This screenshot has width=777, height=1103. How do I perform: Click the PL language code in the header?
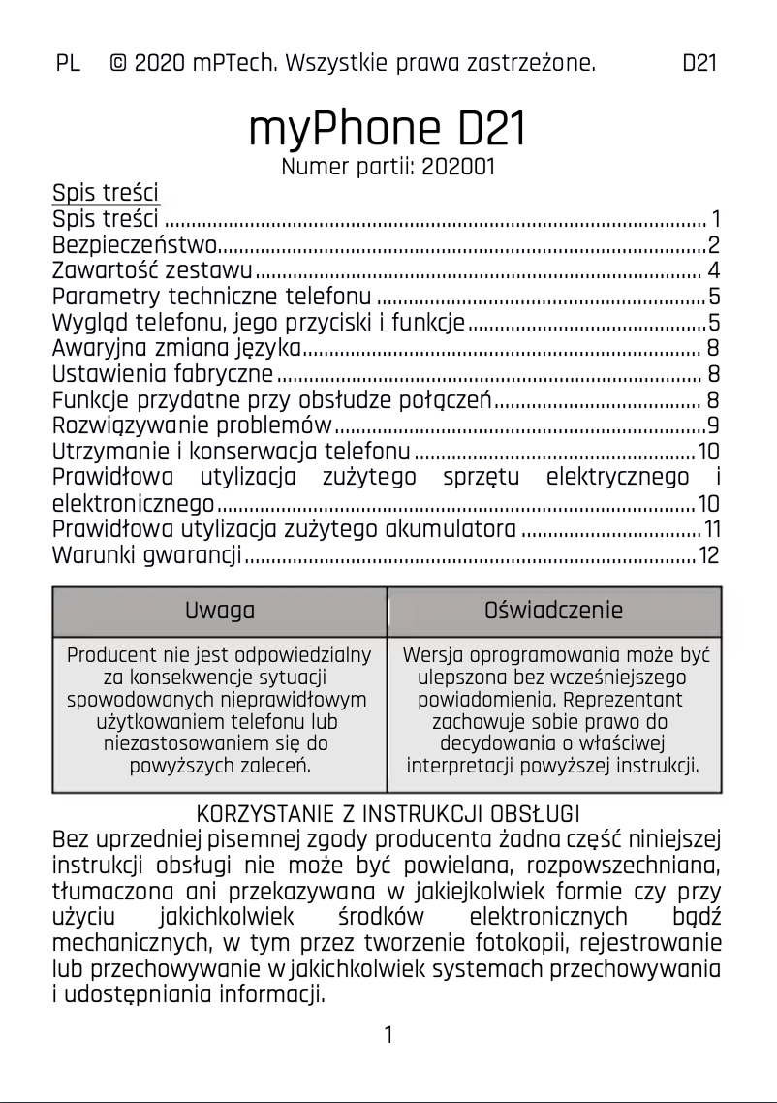click(68, 64)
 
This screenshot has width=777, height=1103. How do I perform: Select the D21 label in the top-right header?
click(699, 64)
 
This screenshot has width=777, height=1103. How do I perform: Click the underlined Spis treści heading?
click(106, 192)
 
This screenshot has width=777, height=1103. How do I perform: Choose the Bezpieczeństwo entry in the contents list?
click(135, 243)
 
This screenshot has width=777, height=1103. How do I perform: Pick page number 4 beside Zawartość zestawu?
click(712, 269)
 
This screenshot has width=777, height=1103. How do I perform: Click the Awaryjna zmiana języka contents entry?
click(177, 348)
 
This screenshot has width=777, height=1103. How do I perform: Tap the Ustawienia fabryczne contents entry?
click(163, 374)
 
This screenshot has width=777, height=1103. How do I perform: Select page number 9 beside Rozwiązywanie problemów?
click(712, 425)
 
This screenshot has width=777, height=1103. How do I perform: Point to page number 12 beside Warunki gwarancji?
click(709, 556)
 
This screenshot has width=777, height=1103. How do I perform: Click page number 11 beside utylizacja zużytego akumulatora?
click(711, 530)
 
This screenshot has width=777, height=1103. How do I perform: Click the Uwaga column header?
click(220, 611)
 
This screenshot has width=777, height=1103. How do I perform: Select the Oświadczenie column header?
click(553, 611)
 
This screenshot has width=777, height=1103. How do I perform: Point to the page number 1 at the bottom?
click(388, 1035)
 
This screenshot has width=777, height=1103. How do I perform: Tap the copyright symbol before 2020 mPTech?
click(118, 64)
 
